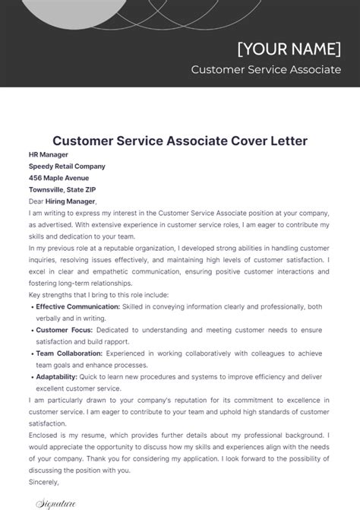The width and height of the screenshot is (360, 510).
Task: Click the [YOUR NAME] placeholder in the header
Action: tap(289, 48)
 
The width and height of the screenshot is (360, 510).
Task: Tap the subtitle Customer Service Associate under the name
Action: tap(266, 69)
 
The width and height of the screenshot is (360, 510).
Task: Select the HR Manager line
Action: tap(48, 155)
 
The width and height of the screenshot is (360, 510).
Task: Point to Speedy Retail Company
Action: tap(67, 166)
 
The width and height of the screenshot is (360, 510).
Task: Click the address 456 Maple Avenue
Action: tap(59, 178)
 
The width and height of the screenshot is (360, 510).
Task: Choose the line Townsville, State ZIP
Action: tap(62, 189)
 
